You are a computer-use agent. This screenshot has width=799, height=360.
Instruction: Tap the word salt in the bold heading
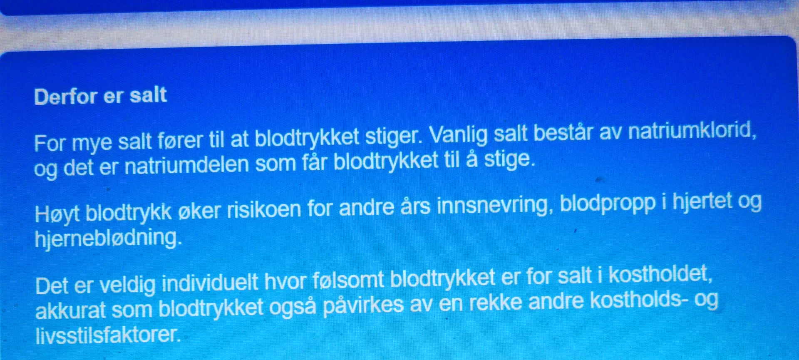pyautogui.click(x=148, y=95)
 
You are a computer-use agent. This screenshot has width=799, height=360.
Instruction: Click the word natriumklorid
pyautogui.click(x=692, y=131)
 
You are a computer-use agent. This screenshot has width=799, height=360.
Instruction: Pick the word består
pyautogui.click(x=563, y=133)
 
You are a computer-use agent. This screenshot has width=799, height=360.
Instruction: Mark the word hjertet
pyautogui.click(x=702, y=201)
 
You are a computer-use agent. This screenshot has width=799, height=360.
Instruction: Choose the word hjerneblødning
pyautogui.click(x=108, y=238)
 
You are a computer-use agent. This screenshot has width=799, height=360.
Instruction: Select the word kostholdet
pyautogui.click(x=660, y=274)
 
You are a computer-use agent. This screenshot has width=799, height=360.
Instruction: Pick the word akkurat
pyautogui.click(x=70, y=311)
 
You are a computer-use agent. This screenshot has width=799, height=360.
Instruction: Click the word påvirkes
pyautogui.click(x=363, y=305)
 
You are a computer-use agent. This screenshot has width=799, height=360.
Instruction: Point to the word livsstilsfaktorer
pyautogui.click(x=108, y=335)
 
